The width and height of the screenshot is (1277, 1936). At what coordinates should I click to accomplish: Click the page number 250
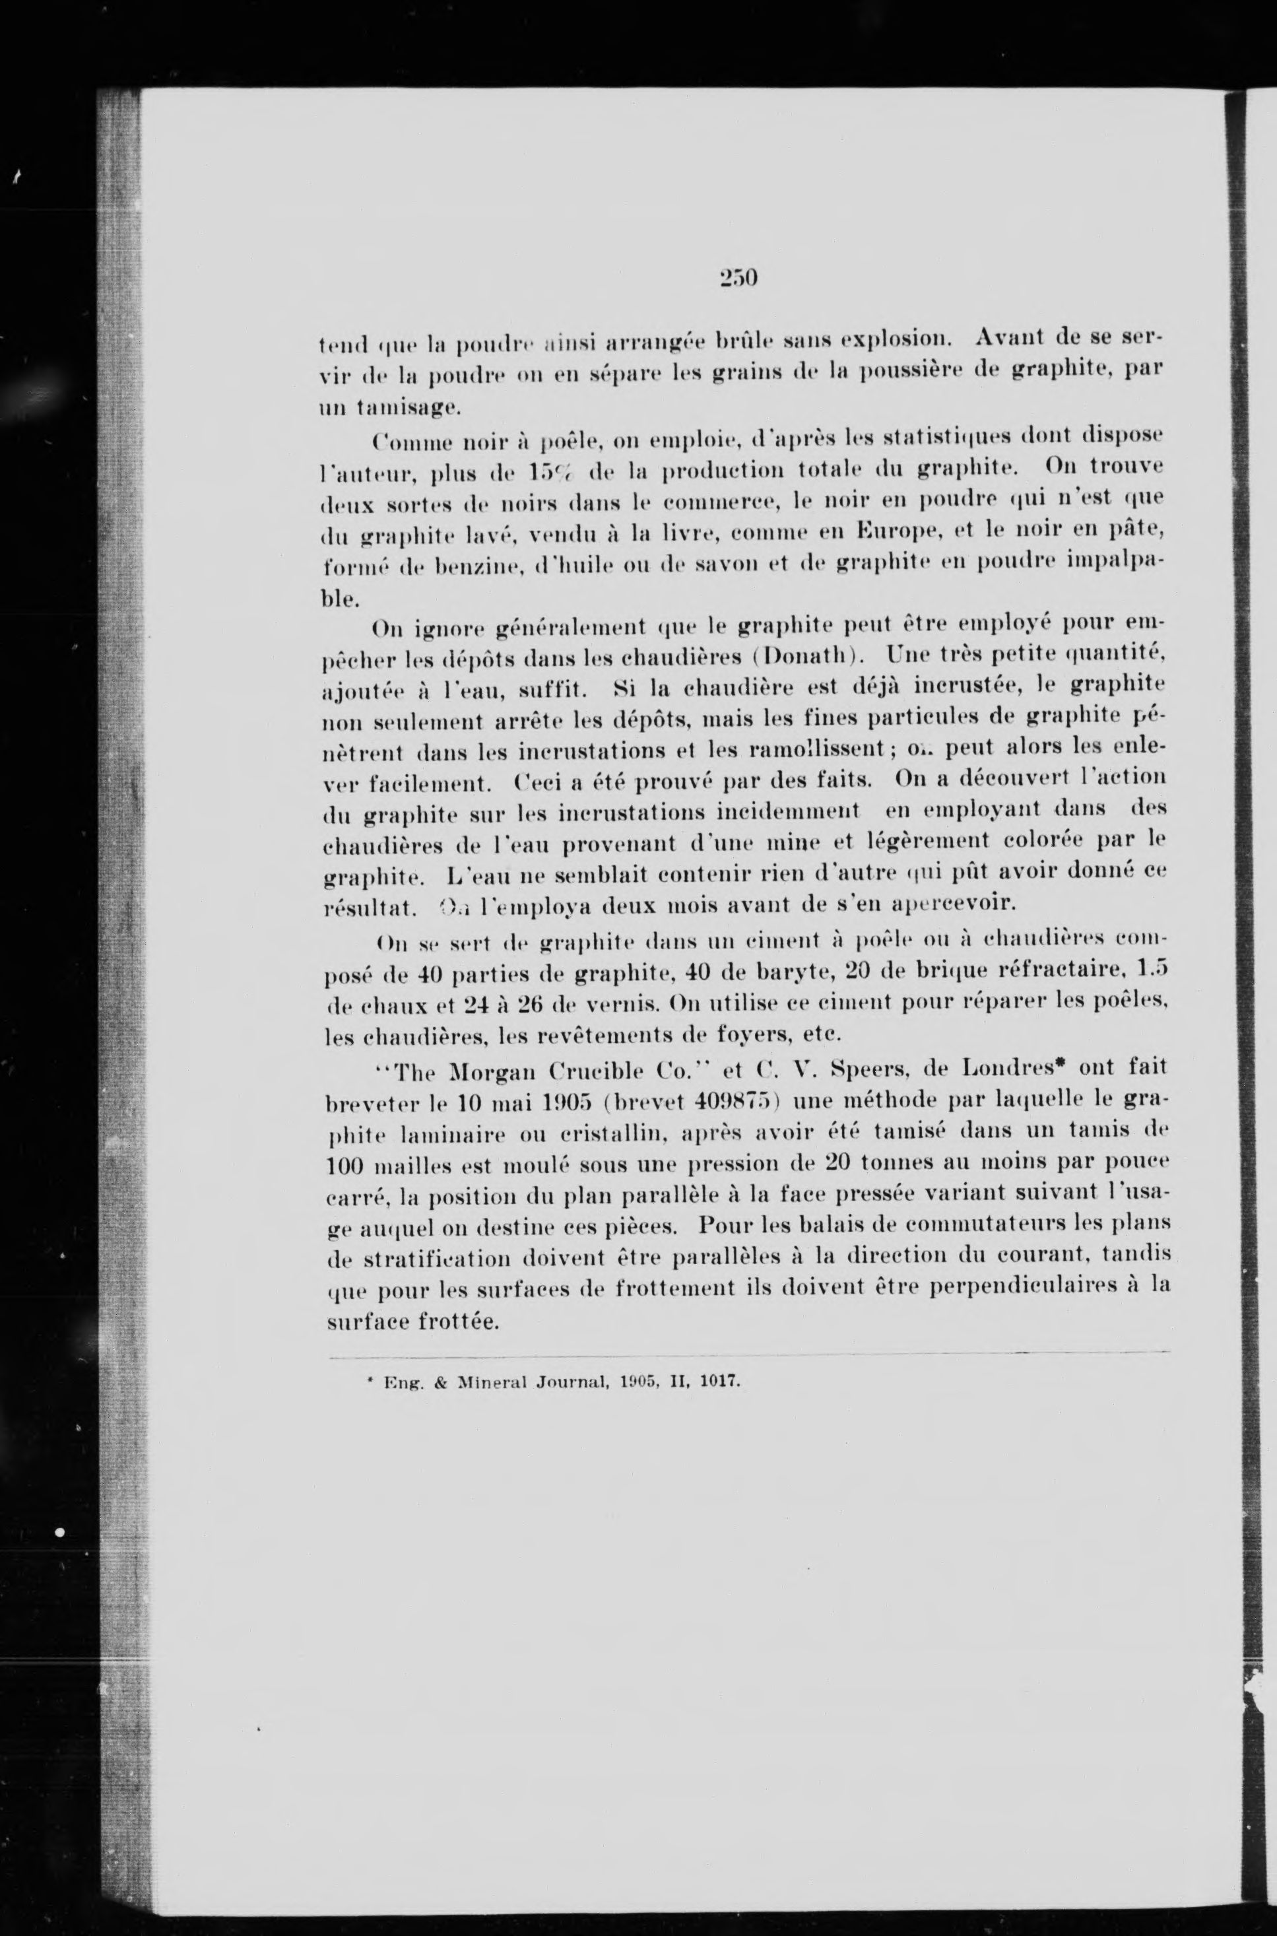point(738,279)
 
